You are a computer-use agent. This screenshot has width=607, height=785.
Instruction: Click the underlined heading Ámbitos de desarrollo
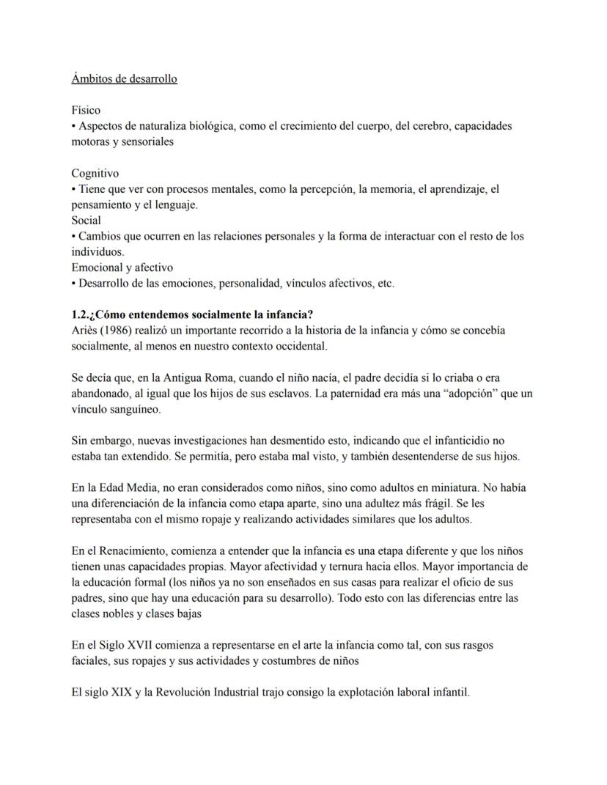pyautogui.click(x=124, y=78)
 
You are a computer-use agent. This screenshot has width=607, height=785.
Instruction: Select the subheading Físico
pyautogui.click(x=86, y=110)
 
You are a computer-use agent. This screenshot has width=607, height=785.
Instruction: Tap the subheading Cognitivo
pyautogui.click(x=95, y=173)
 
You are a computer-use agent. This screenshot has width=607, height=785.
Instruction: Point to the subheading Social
pyautogui.click(x=86, y=220)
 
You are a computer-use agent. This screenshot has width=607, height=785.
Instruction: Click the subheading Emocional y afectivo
pyautogui.click(x=122, y=268)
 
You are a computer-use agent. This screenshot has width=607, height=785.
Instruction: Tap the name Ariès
pyautogui.click(x=86, y=331)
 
